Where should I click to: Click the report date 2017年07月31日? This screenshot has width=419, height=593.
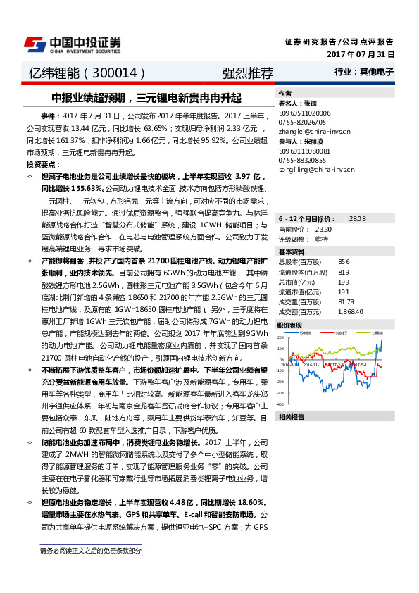pos(361,54)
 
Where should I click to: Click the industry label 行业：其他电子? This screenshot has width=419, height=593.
pos(364,72)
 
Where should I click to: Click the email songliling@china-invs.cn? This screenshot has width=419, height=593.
pos(311,170)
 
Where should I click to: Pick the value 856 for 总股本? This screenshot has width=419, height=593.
pos(344,261)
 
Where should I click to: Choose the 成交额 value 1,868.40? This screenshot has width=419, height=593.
pos(350,311)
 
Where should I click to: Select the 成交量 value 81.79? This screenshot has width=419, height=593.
pos(346,301)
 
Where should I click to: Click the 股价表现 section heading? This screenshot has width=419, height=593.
pos(290,325)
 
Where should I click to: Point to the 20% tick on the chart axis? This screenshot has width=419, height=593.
pos(281,337)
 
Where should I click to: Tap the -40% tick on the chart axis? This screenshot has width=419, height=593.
pos(281,404)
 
